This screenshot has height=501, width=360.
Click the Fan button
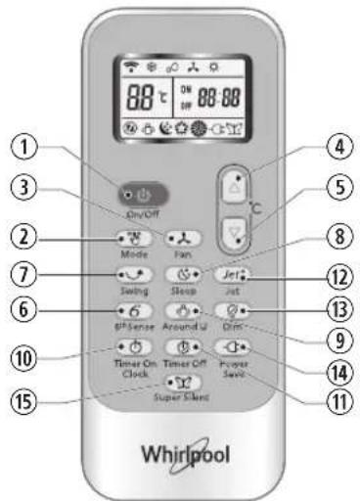177,238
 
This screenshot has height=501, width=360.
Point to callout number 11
313,402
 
